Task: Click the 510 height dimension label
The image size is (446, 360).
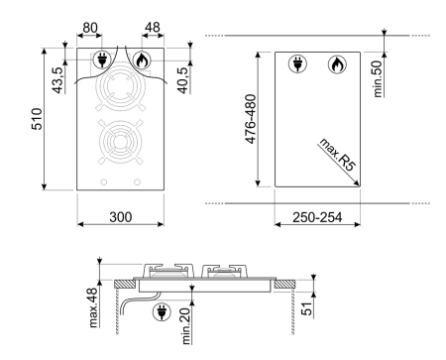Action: (37, 119)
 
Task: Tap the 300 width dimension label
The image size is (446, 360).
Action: (121, 217)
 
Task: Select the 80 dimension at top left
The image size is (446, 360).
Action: (90, 28)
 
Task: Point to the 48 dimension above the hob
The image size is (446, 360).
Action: (153, 27)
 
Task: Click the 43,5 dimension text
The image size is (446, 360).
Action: (57, 80)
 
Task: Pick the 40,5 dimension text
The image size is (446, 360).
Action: (182, 80)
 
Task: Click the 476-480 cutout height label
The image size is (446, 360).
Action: (251, 119)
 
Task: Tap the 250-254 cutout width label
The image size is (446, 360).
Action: (317, 217)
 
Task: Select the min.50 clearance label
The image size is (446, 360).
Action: (378, 78)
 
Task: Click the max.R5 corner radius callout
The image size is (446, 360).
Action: (337, 155)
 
